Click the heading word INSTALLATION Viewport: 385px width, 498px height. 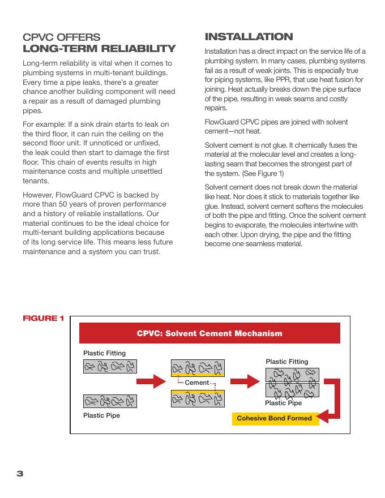coord(249,37)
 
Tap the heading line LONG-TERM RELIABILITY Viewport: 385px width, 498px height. coord(99,49)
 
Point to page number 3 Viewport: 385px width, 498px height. coord(20,473)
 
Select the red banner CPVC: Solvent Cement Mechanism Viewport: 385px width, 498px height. coord(209,333)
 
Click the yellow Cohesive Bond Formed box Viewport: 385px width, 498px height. coord(274,419)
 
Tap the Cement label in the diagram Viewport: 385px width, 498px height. coord(197,383)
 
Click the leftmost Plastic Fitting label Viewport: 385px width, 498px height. coord(104,353)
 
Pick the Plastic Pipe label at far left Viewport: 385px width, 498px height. coord(101,415)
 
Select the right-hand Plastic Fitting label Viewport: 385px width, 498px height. coord(286,362)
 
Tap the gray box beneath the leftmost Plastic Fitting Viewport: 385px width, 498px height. coord(110,367)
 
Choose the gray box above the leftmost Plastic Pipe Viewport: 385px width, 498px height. coord(110,402)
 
